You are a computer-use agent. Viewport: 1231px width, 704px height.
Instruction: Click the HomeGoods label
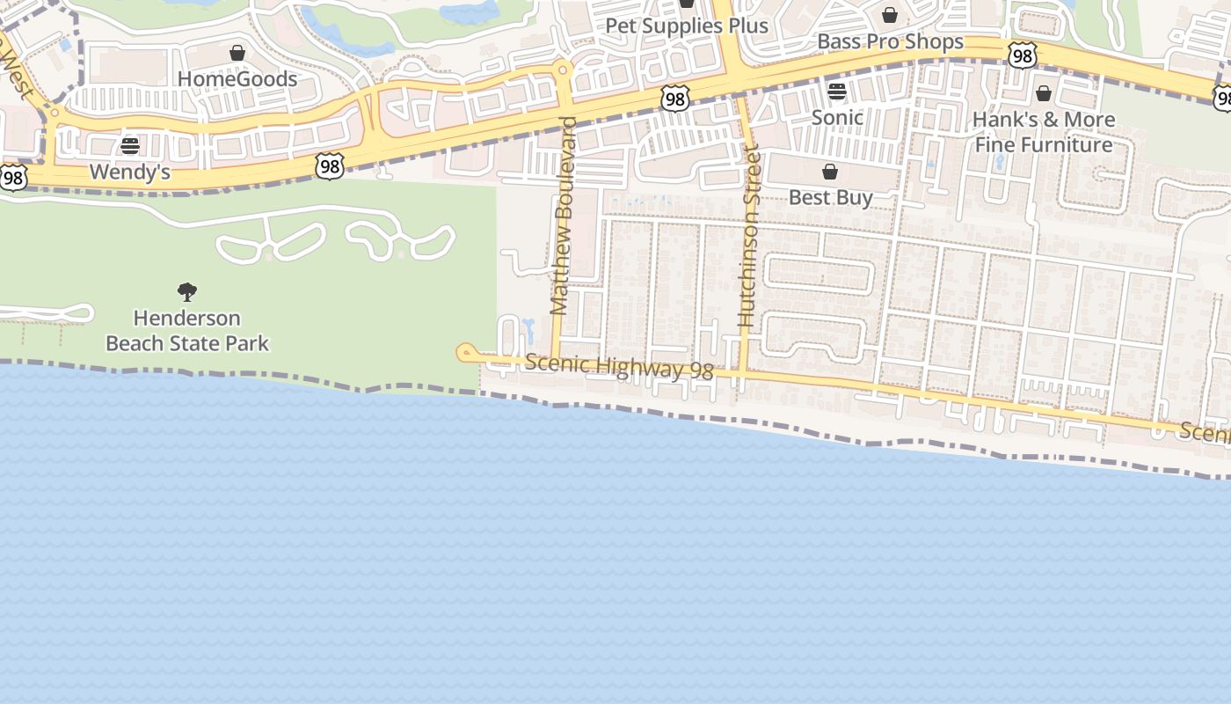coord(237,79)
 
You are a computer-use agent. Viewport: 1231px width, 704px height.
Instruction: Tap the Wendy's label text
coord(130,172)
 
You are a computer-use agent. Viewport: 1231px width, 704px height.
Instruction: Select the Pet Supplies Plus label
coord(687,26)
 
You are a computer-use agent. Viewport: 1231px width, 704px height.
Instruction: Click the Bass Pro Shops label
coord(890,41)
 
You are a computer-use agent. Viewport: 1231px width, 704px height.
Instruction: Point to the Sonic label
coord(837,117)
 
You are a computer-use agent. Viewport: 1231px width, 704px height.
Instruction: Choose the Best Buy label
coord(830,197)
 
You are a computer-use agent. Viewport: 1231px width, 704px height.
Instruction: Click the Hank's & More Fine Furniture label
coord(1044,132)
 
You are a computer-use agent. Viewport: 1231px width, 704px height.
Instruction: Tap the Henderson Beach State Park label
coord(187,330)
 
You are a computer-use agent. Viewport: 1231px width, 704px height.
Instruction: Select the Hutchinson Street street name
coord(749,238)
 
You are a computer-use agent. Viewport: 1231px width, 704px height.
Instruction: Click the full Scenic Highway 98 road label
coord(619,367)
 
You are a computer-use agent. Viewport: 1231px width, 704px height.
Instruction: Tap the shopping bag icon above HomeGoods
coord(237,54)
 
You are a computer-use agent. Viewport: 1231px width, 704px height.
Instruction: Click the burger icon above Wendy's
coord(130,146)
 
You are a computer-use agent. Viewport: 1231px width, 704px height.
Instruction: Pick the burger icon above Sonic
coord(837,92)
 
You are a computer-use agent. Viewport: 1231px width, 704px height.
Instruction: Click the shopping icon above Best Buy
coord(830,172)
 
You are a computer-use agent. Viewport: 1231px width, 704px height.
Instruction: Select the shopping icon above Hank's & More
coord(1044,93)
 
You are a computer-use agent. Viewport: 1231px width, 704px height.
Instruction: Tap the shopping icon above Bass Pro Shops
coord(890,16)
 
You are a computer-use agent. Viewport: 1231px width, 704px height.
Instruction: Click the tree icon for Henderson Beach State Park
coord(187,292)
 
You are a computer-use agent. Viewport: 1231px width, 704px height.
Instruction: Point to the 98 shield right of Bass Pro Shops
coord(1022,56)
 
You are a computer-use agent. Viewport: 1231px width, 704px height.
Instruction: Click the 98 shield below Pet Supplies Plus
coord(674,99)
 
